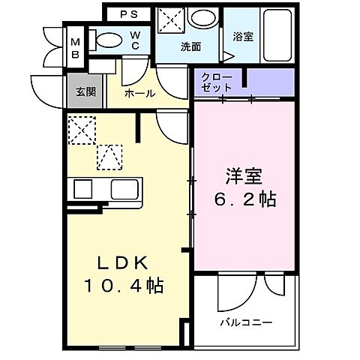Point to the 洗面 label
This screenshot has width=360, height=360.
point(190,46)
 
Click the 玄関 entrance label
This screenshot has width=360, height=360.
point(85,91)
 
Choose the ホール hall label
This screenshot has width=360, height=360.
point(140,94)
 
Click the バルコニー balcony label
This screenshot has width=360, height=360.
point(245,322)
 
